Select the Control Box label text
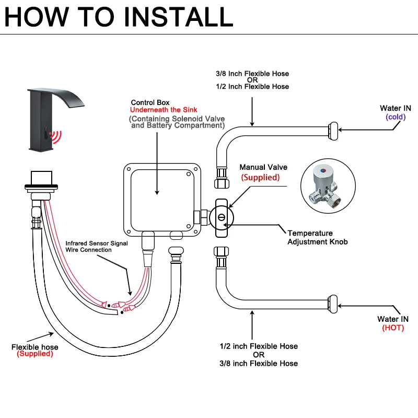click(150, 102)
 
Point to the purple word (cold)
click(396, 117)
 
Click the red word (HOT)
click(393, 328)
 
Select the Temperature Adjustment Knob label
click(317, 237)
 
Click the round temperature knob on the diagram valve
click(222, 216)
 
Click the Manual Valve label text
click(263, 168)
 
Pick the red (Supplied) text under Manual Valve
click(260, 178)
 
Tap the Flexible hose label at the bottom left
click(35, 347)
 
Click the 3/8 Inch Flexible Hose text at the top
click(252, 74)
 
